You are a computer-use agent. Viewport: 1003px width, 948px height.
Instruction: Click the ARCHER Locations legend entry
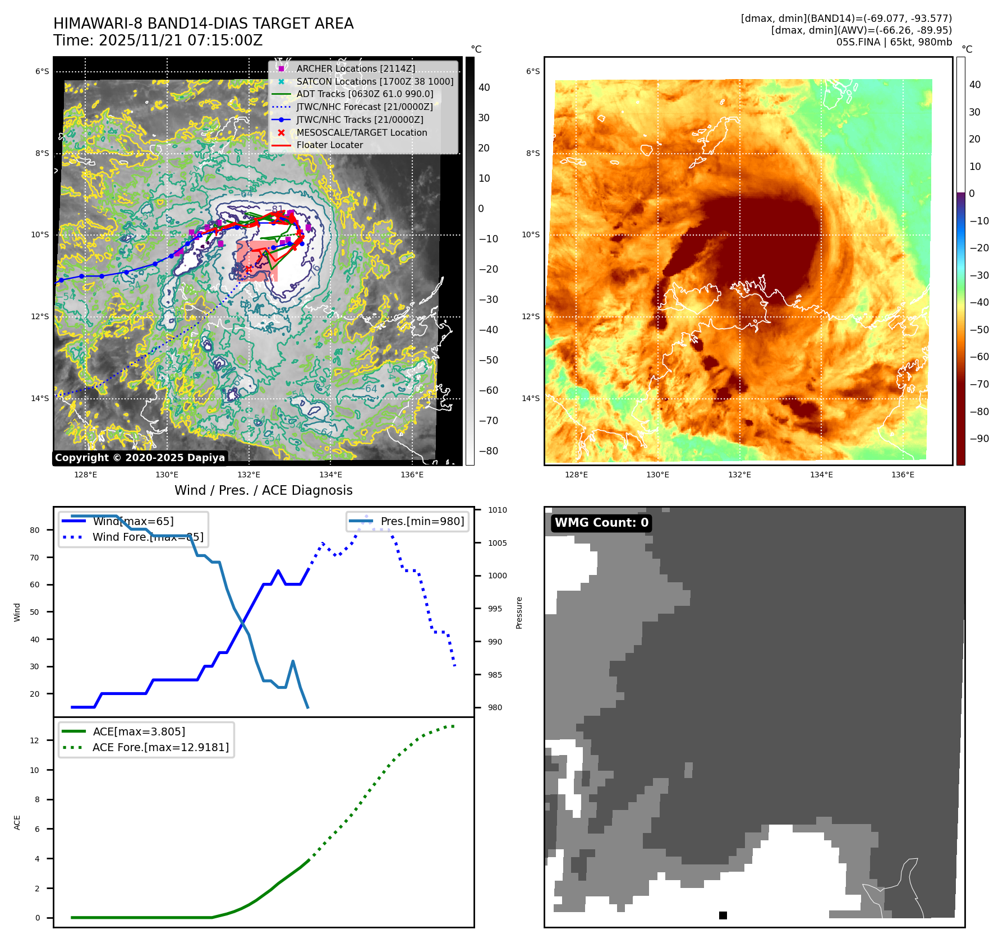(356, 68)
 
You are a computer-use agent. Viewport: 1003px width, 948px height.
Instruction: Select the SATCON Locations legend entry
(375, 81)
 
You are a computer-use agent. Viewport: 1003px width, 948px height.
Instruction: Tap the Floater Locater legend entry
(329, 145)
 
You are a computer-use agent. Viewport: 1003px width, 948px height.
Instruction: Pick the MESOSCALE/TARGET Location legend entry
(361, 132)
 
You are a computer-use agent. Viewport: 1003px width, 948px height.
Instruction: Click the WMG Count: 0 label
(601, 523)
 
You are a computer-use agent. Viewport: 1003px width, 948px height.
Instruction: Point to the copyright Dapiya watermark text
(140, 458)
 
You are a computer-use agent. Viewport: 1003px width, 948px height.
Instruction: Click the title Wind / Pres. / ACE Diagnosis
(263, 490)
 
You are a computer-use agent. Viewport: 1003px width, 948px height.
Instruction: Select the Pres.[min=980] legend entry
(422, 521)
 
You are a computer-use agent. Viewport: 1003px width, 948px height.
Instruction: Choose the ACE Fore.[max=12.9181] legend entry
(160, 747)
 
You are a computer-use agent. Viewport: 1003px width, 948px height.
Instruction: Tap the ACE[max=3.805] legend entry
(139, 731)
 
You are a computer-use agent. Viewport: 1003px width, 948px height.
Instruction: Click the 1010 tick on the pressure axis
(497, 510)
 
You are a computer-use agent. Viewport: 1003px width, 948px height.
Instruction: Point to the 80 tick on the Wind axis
(35, 530)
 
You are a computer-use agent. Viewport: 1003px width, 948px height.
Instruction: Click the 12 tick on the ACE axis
(35, 740)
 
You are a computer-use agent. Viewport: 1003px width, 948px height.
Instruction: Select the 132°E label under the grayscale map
(249, 475)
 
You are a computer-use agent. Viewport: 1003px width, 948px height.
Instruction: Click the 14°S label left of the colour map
(531, 399)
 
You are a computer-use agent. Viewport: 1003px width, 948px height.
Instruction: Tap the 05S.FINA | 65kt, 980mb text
(894, 42)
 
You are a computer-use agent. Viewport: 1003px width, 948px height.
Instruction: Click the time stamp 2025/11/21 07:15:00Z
(181, 40)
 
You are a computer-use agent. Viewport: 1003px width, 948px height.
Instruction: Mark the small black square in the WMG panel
(723, 915)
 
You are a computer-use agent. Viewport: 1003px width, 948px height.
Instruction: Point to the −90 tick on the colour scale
(979, 439)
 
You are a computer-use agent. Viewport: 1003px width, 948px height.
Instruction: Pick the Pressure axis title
(519, 613)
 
